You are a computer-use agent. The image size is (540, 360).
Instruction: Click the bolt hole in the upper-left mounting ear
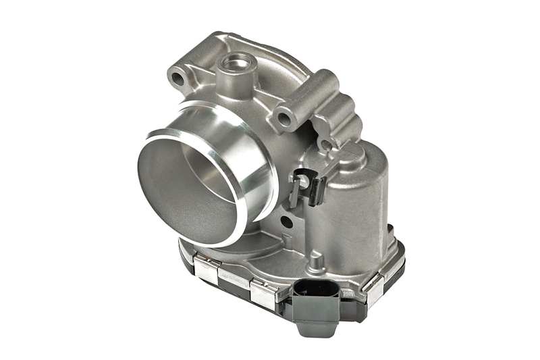tap(178, 78)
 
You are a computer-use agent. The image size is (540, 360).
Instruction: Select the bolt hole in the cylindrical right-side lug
tap(284, 120)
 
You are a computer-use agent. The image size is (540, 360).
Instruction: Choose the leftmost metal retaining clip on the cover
tap(205, 266)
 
